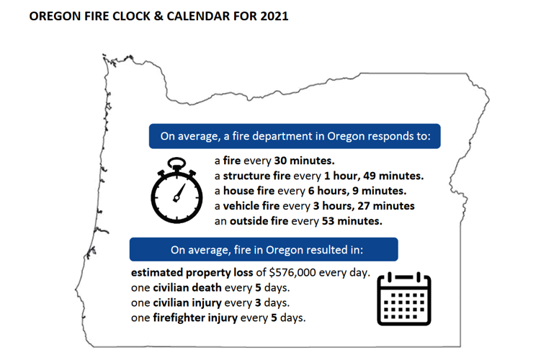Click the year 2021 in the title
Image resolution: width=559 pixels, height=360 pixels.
pos(274,16)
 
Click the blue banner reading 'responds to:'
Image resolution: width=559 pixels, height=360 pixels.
pos(295,136)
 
